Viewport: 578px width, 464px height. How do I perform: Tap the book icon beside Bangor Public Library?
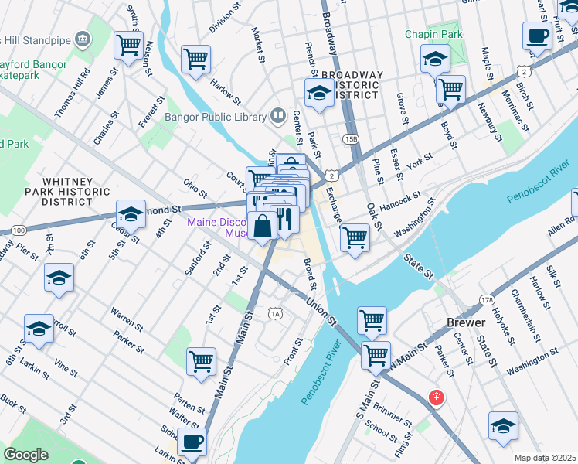click(x=277, y=117)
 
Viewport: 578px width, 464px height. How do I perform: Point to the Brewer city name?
click(x=466, y=322)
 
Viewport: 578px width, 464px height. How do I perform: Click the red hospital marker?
click(x=437, y=397)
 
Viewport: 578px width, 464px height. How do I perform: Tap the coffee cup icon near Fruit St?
click(x=537, y=36)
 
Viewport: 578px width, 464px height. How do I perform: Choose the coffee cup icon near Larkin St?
click(x=192, y=443)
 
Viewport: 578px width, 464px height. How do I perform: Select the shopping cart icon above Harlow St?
click(x=196, y=59)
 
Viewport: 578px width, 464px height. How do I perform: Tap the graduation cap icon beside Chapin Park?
click(x=436, y=58)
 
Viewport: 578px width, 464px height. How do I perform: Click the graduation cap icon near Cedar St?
click(x=131, y=214)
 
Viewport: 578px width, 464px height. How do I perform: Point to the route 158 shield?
click(x=353, y=139)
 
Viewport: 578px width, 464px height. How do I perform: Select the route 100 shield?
click(x=19, y=230)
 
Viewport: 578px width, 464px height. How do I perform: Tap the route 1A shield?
click(x=275, y=313)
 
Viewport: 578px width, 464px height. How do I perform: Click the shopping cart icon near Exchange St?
click(x=355, y=237)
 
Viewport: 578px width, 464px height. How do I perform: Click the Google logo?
click(x=25, y=455)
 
